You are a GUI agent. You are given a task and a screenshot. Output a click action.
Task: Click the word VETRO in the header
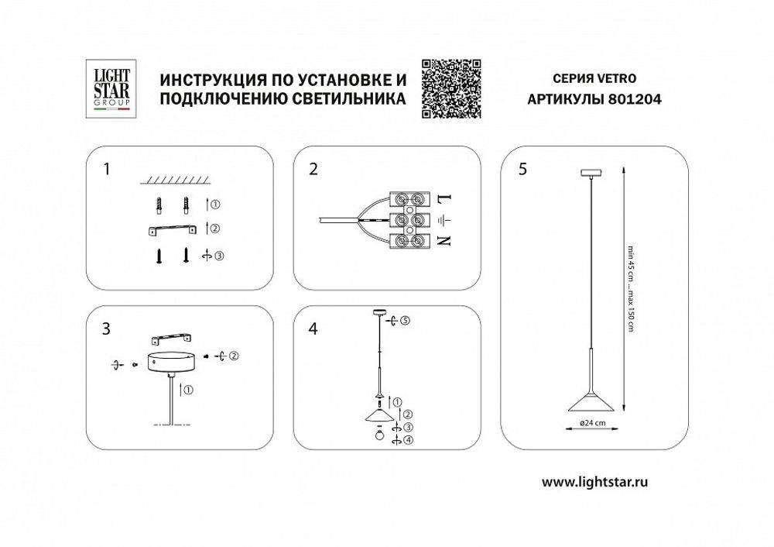point(618,79)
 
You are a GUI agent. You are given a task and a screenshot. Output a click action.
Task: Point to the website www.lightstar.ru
point(594,481)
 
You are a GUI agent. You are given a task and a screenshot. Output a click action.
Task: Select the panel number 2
point(313,170)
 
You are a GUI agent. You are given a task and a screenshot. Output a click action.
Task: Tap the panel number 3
point(107,329)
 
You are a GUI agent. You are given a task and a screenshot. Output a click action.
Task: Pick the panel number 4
point(313,329)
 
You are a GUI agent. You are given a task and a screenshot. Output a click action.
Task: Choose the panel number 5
point(524,170)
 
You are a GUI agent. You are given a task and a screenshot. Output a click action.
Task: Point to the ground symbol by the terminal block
point(443,220)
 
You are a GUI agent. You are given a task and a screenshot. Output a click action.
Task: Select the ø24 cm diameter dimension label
point(593,422)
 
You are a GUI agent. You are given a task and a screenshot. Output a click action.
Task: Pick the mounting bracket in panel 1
point(172,229)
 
